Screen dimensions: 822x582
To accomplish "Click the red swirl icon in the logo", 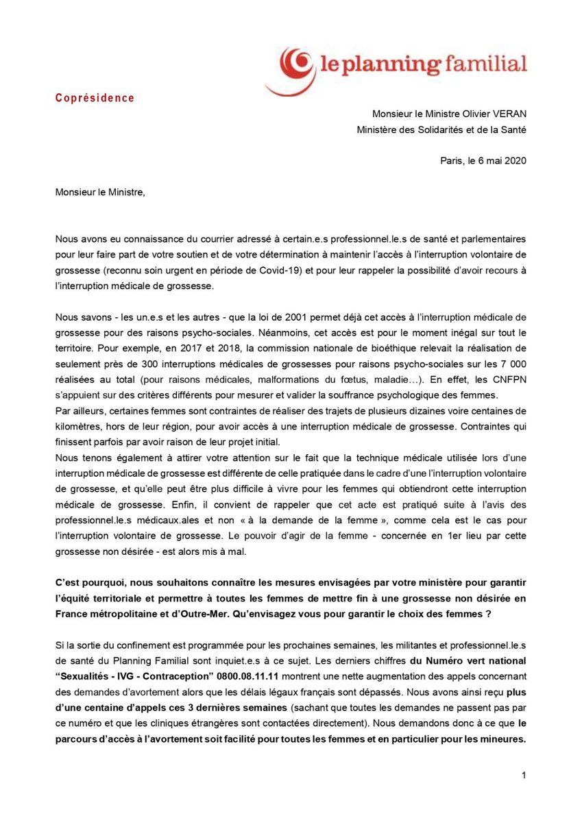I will (x=289, y=68).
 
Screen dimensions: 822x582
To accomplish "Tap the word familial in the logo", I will (x=488, y=65).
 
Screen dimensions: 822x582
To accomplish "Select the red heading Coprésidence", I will (x=95, y=98).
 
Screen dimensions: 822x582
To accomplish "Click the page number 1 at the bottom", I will (x=523, y=775).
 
